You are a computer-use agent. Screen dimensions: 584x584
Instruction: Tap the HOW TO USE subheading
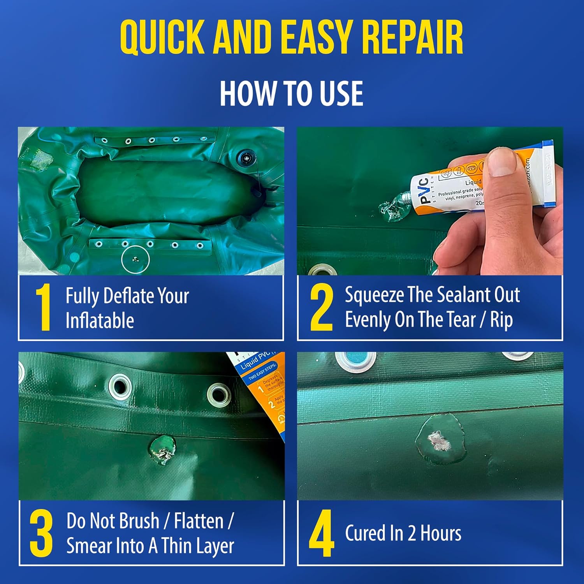291,93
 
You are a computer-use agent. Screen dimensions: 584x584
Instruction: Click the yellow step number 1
43,308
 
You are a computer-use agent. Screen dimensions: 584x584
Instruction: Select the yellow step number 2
321,308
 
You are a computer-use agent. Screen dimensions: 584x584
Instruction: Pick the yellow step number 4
321,533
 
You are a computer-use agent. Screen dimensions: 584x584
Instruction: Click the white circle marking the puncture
135,259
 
